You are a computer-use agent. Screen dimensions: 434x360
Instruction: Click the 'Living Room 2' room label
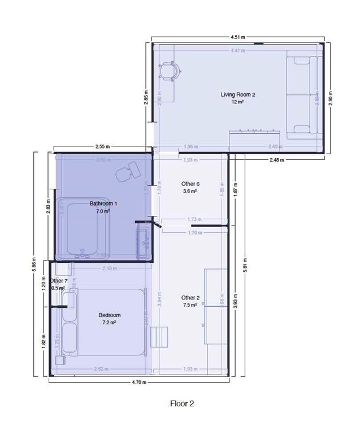[x=238, y=94]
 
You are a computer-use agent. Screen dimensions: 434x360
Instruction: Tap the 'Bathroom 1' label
[x=103, y=203]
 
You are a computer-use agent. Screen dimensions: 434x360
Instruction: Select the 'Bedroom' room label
[x=110, y=315]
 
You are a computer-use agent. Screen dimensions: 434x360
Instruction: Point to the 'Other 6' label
[x=190, y=184]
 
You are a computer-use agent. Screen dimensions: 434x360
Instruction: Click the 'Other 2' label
[x=190, y=297]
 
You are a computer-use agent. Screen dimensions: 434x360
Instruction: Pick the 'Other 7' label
[x=59, y=281]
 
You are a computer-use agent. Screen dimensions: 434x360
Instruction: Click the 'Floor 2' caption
[x=182, y=403]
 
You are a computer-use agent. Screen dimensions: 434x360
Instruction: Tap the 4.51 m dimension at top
[x=238, y=37]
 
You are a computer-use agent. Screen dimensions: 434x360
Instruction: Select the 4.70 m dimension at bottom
[x=138, y=383]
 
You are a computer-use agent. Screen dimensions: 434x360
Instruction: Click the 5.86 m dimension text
[x=34, y=266]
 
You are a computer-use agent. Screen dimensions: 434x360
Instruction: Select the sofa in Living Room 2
[x=303, y=96]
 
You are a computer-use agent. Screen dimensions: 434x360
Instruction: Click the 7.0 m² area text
[x=103, y=211]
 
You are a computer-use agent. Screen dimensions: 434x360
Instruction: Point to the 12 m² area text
[x=237, y=102]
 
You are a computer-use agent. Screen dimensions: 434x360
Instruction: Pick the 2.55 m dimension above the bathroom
[x=102, y=146]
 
